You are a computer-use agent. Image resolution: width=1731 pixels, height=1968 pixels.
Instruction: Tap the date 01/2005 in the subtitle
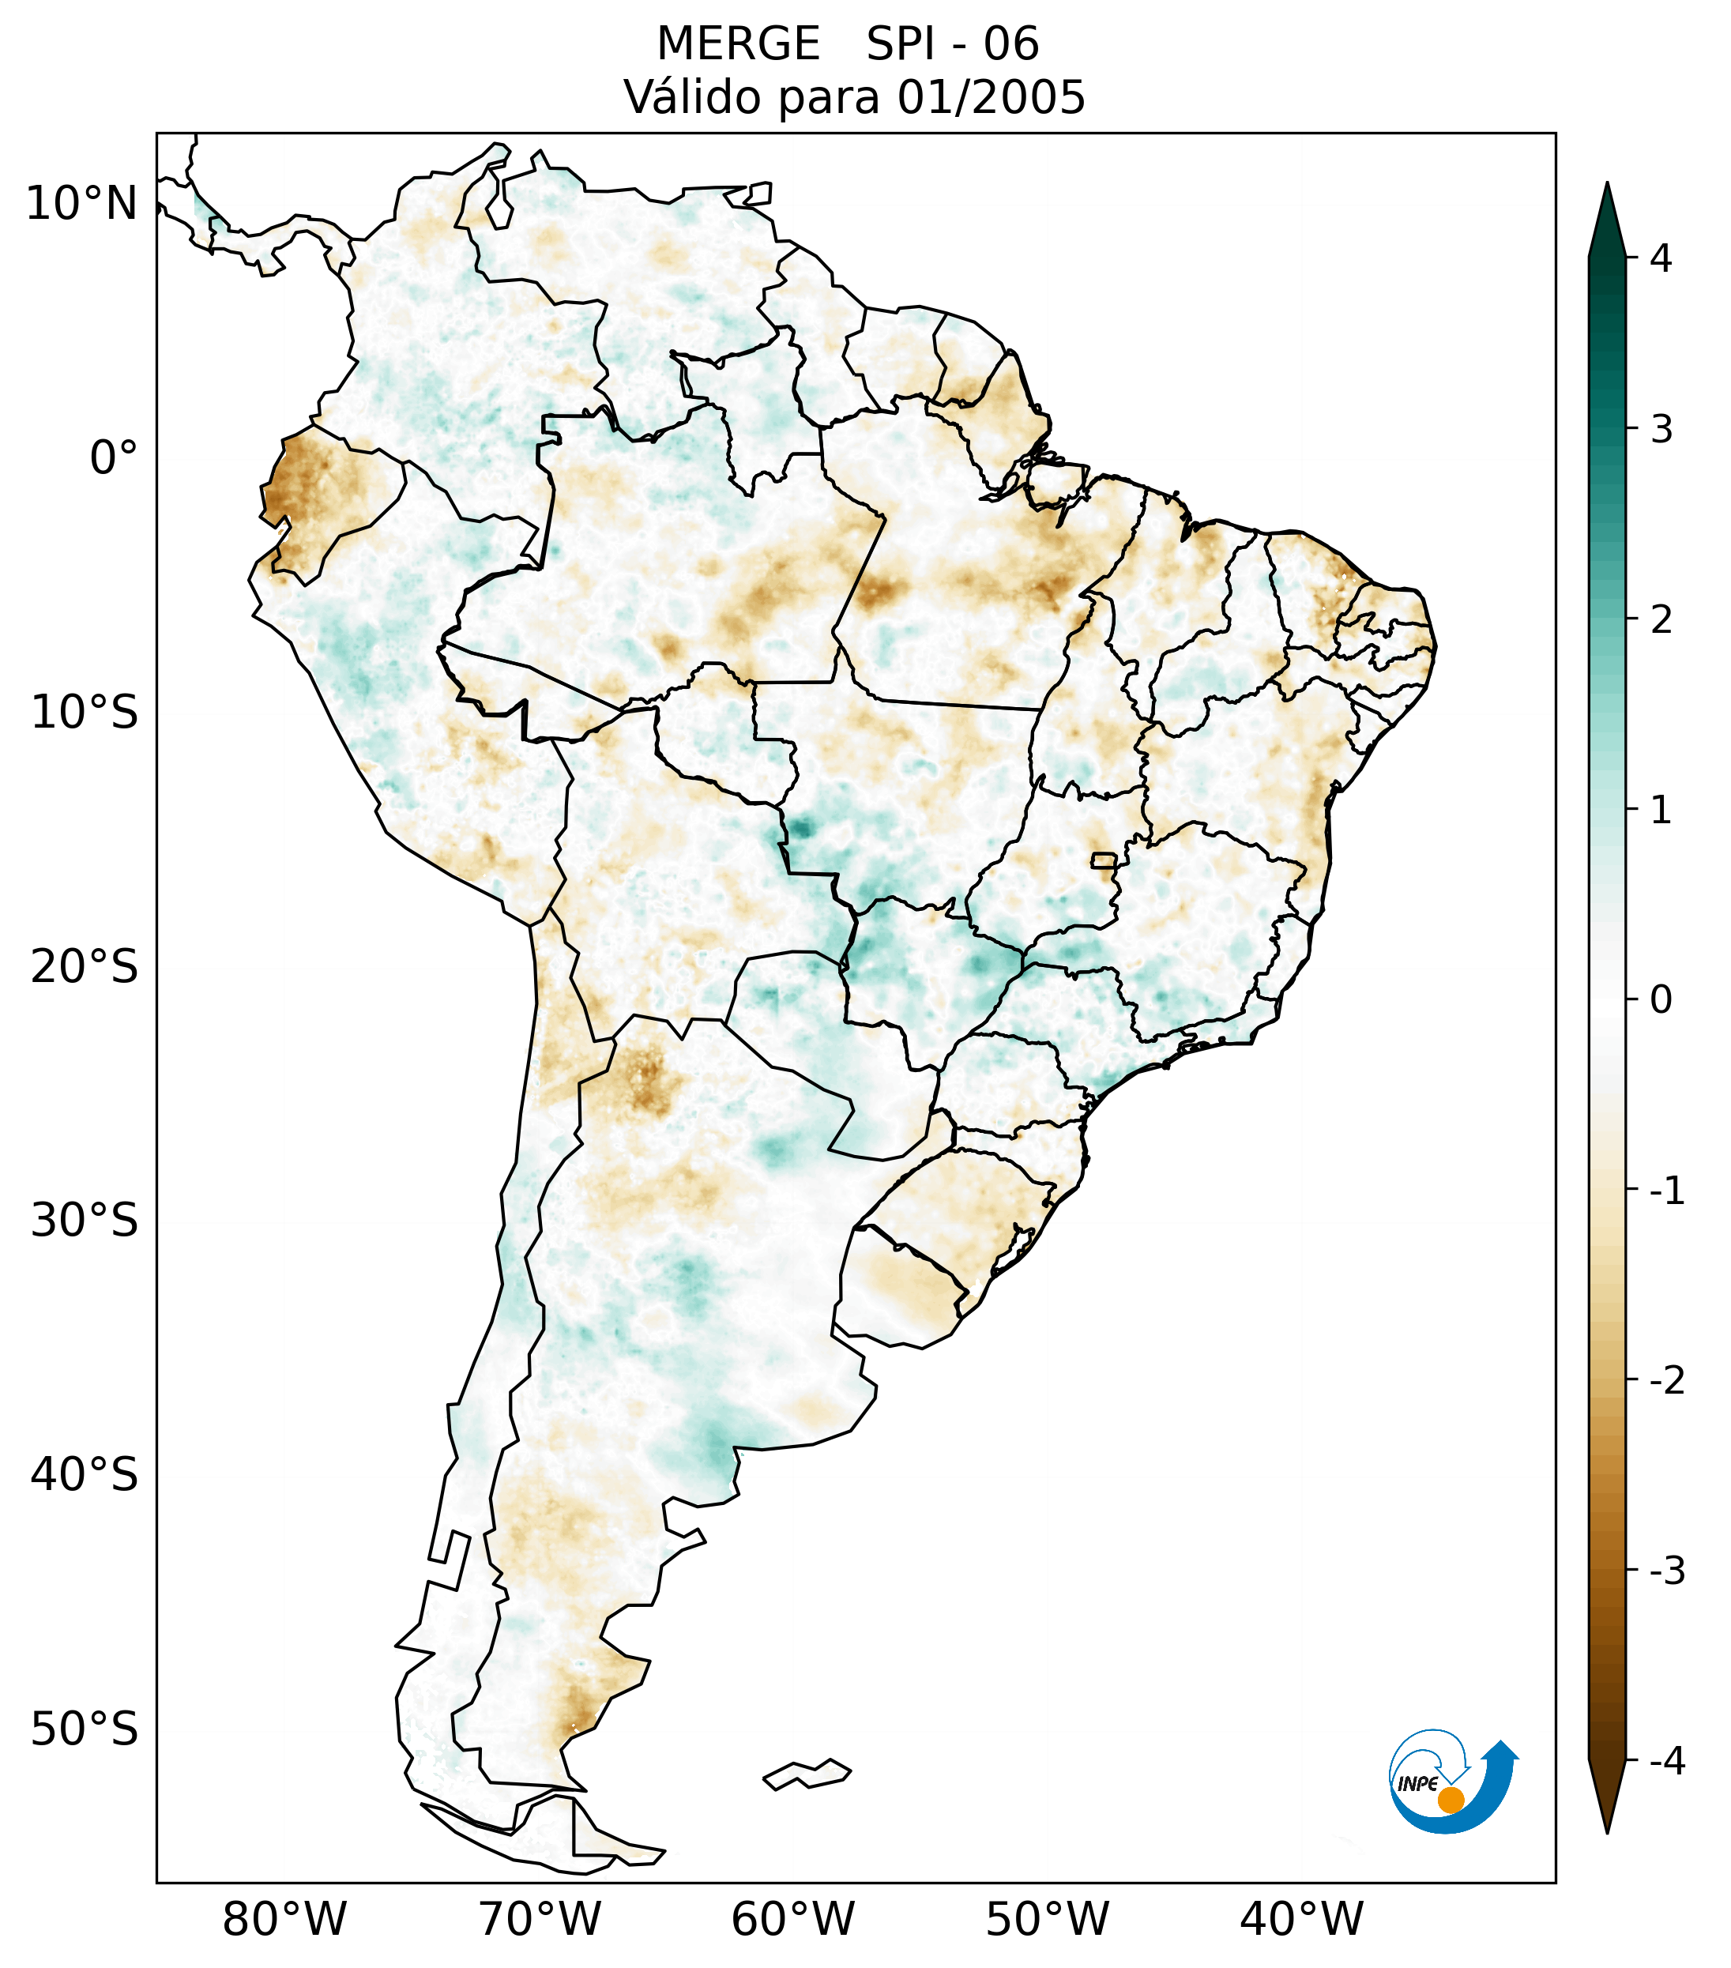pyautogui.click(x=991, y=97)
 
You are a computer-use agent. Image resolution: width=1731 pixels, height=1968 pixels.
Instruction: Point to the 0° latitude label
pyautogui.click(x=114, y=458)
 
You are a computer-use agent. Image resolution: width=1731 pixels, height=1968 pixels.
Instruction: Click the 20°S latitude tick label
pyautogui.click(x=85, y=967)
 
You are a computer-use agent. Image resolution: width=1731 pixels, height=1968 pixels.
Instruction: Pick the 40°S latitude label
pyautogui.click(x=85, y=1475)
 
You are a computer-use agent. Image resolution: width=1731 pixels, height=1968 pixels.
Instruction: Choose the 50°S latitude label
pyautogui.click(x=85, y=1730)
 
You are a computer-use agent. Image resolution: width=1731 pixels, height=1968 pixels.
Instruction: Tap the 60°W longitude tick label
pyautogui.click(x=792, y=1920)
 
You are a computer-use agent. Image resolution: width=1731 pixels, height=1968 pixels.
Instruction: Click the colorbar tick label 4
pyautogui.click(x=1661, y=258)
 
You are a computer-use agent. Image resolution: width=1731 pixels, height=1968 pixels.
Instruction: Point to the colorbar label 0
pyautogui.click(x=1661, y=1000)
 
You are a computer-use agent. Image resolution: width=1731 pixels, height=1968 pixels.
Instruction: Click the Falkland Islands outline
pyautogui.click(x=807, y=1774)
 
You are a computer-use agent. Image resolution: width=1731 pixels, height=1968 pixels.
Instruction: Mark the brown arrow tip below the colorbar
pyautogui.click(x=1607, y=1831)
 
